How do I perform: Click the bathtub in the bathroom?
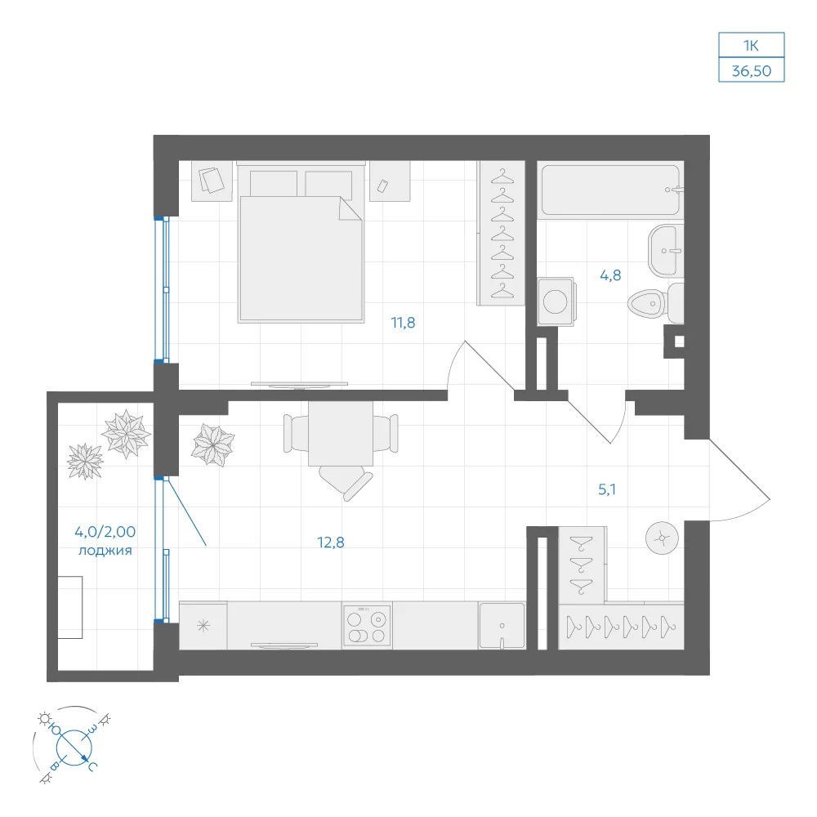[x=610, y=190]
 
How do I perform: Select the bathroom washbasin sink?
[x=665, y=251]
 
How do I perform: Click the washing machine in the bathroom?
[x=556, y=301]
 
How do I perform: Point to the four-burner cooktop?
[x=367, y=626]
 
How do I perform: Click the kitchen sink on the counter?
[x=502, y=626]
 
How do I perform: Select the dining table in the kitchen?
[x=341, y=434]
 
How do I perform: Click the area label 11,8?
[x=404, y=323]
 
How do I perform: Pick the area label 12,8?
[x=331, y=543]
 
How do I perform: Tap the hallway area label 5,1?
[x=607, y=489]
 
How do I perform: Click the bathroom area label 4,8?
[x=610, y=275]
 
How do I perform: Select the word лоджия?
[x=105, y=551]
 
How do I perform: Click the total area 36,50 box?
[x=752, y=70]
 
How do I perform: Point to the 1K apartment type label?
[x=752, y=46]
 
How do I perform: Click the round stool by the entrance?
[x=662, y=538]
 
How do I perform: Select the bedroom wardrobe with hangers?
[x=502, y=233]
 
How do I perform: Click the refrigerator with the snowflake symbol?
[x=203, y=626]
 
